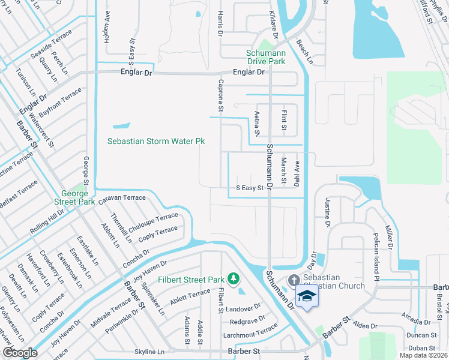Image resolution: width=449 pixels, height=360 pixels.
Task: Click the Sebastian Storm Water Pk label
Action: click(x=156, y=141)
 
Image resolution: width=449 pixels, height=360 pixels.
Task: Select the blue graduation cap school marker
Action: click(x=307, y=297)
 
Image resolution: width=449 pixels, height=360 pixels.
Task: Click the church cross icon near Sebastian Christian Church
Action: click(x=294, y=280)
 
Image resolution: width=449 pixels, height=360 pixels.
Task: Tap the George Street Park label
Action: click(x=78, y=198)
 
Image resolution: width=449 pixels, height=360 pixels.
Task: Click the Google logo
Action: click(x=20, y=353)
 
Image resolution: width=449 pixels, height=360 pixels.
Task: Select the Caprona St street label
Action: click(x=221, y=96)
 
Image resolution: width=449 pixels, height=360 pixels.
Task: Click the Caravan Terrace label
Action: click(x=122, y=197)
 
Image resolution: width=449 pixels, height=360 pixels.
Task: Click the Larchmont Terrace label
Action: click(x=252, y=329)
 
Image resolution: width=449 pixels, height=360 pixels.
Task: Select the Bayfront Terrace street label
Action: click(x=61, y=103)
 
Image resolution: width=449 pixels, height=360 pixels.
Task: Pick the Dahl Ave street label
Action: click(x=297, y=172)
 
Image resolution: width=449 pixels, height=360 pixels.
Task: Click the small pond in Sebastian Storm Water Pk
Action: click(x=121, y=126)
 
